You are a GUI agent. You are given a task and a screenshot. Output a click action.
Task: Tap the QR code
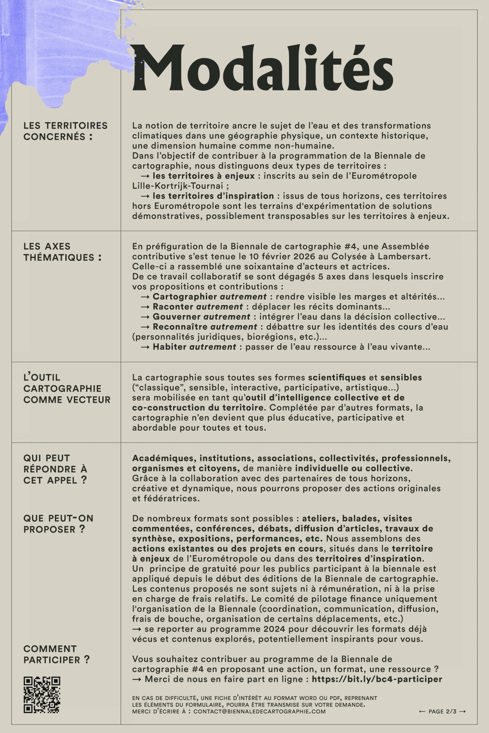42,695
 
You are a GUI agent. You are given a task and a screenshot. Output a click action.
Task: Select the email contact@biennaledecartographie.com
259,712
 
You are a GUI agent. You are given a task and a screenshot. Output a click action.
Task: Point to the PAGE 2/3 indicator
442,712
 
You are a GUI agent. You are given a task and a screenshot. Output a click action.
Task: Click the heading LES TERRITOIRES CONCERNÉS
65,131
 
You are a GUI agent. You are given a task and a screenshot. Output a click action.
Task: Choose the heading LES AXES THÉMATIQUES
62,252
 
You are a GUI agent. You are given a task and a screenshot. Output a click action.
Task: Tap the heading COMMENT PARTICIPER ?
56,654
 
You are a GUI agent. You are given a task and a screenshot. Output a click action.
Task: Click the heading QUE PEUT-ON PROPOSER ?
58,524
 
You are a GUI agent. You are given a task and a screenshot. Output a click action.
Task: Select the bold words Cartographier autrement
209,296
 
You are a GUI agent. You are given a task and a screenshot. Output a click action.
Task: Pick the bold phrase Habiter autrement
194,347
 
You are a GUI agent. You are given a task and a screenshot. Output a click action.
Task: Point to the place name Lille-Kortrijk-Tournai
177,186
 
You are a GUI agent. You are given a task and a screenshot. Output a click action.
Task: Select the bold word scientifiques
337,377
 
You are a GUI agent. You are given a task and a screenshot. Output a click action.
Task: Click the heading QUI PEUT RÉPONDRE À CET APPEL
55,469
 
